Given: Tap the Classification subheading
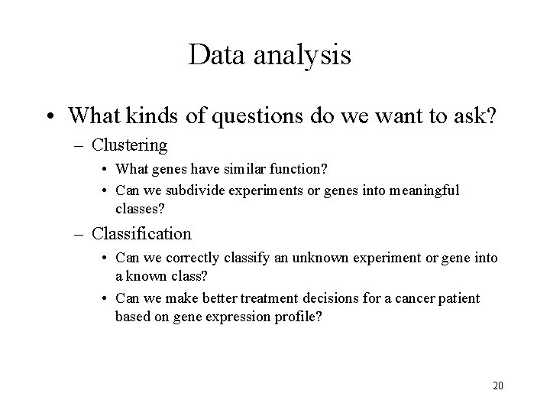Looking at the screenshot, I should coord(142,233).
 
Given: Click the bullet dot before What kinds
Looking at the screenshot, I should coord(50,117).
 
